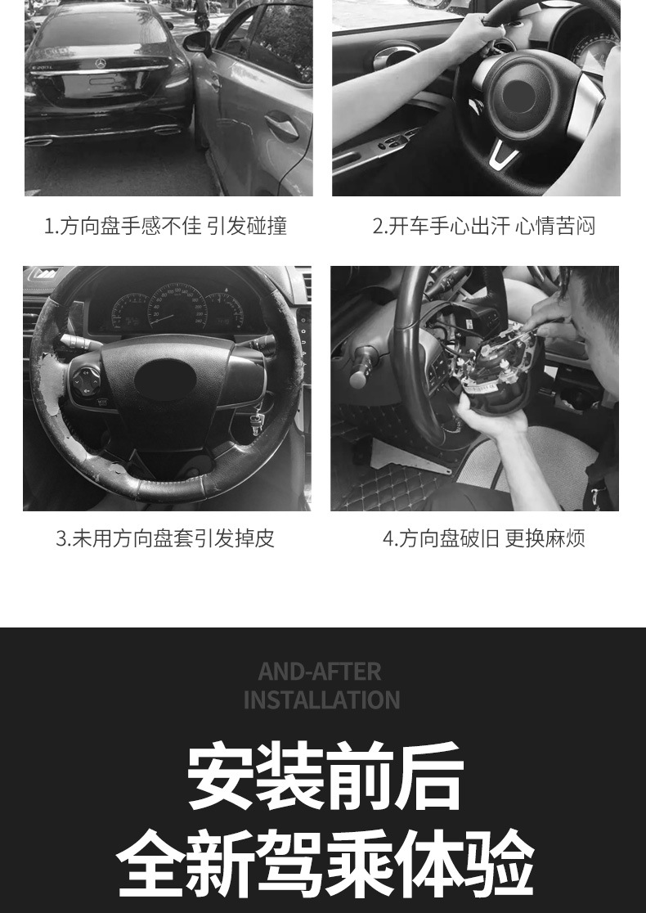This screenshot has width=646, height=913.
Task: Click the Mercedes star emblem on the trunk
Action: (100, 63)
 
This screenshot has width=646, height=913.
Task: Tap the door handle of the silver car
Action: (280, 126)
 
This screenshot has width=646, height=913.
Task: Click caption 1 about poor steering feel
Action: (165, 226)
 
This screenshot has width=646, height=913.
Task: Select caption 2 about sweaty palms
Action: (483, 226)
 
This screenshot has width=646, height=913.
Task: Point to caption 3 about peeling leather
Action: (165, 538)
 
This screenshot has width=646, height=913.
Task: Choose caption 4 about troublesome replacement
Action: (483, 538)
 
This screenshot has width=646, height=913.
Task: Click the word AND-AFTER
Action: (320, 672)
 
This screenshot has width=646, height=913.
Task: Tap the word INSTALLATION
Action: (321, 700)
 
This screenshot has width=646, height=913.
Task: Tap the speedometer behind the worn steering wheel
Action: (177, 306)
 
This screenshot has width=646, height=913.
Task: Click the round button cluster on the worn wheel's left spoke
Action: (87, 379)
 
